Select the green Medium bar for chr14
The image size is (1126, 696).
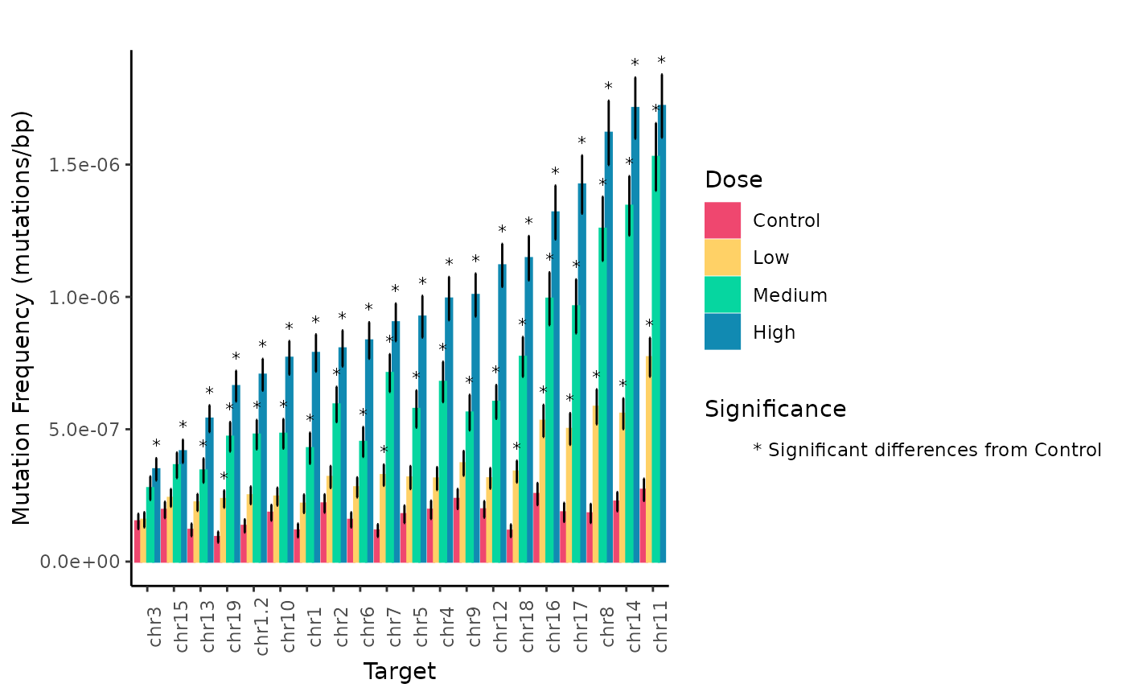point(629,386)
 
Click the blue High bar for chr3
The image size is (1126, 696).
point(156,515)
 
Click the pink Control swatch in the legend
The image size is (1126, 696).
point(721,220)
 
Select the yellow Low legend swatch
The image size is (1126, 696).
point(721,257)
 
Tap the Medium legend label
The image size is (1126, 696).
point(790,295)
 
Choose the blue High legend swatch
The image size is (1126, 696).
point(721,332)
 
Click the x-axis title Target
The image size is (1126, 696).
point(399,672)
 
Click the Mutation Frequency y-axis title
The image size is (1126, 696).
point(22,318)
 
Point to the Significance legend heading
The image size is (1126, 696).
point(775,410)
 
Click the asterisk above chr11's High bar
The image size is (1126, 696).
point(661,61)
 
